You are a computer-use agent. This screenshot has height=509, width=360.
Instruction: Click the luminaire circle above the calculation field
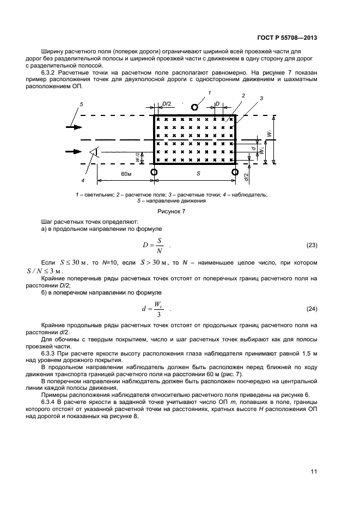click(194, 107)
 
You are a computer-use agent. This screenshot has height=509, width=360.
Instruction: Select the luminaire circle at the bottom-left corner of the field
click(154, 172)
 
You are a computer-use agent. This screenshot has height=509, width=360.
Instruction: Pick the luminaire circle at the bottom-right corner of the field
click(235, 172)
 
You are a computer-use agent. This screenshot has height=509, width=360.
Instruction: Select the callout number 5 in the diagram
click(82, 103)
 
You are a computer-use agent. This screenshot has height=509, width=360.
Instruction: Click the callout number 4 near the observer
click(82, 180)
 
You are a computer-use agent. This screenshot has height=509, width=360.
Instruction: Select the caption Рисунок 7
click(172, 211)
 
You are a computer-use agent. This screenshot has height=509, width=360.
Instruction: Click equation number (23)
click(312, 245)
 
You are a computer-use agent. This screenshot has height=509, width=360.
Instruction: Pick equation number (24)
click(312, 309)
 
